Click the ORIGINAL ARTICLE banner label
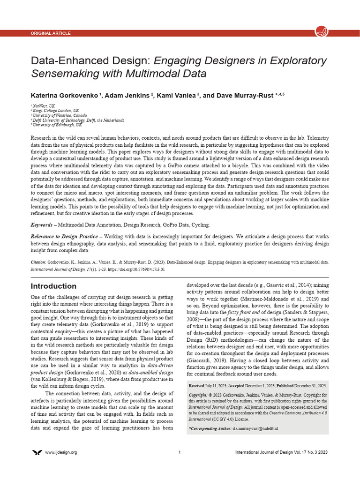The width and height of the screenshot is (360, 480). click(51, 33)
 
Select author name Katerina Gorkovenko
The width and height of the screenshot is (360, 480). click(64, 95)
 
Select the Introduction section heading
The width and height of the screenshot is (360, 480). click(53, 286)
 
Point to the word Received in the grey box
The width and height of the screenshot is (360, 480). click(196, 385)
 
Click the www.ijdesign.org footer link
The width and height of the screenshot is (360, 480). click(61, 452)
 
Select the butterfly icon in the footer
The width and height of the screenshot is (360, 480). click(37, 452)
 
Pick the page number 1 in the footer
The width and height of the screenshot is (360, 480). click(180, 452)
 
